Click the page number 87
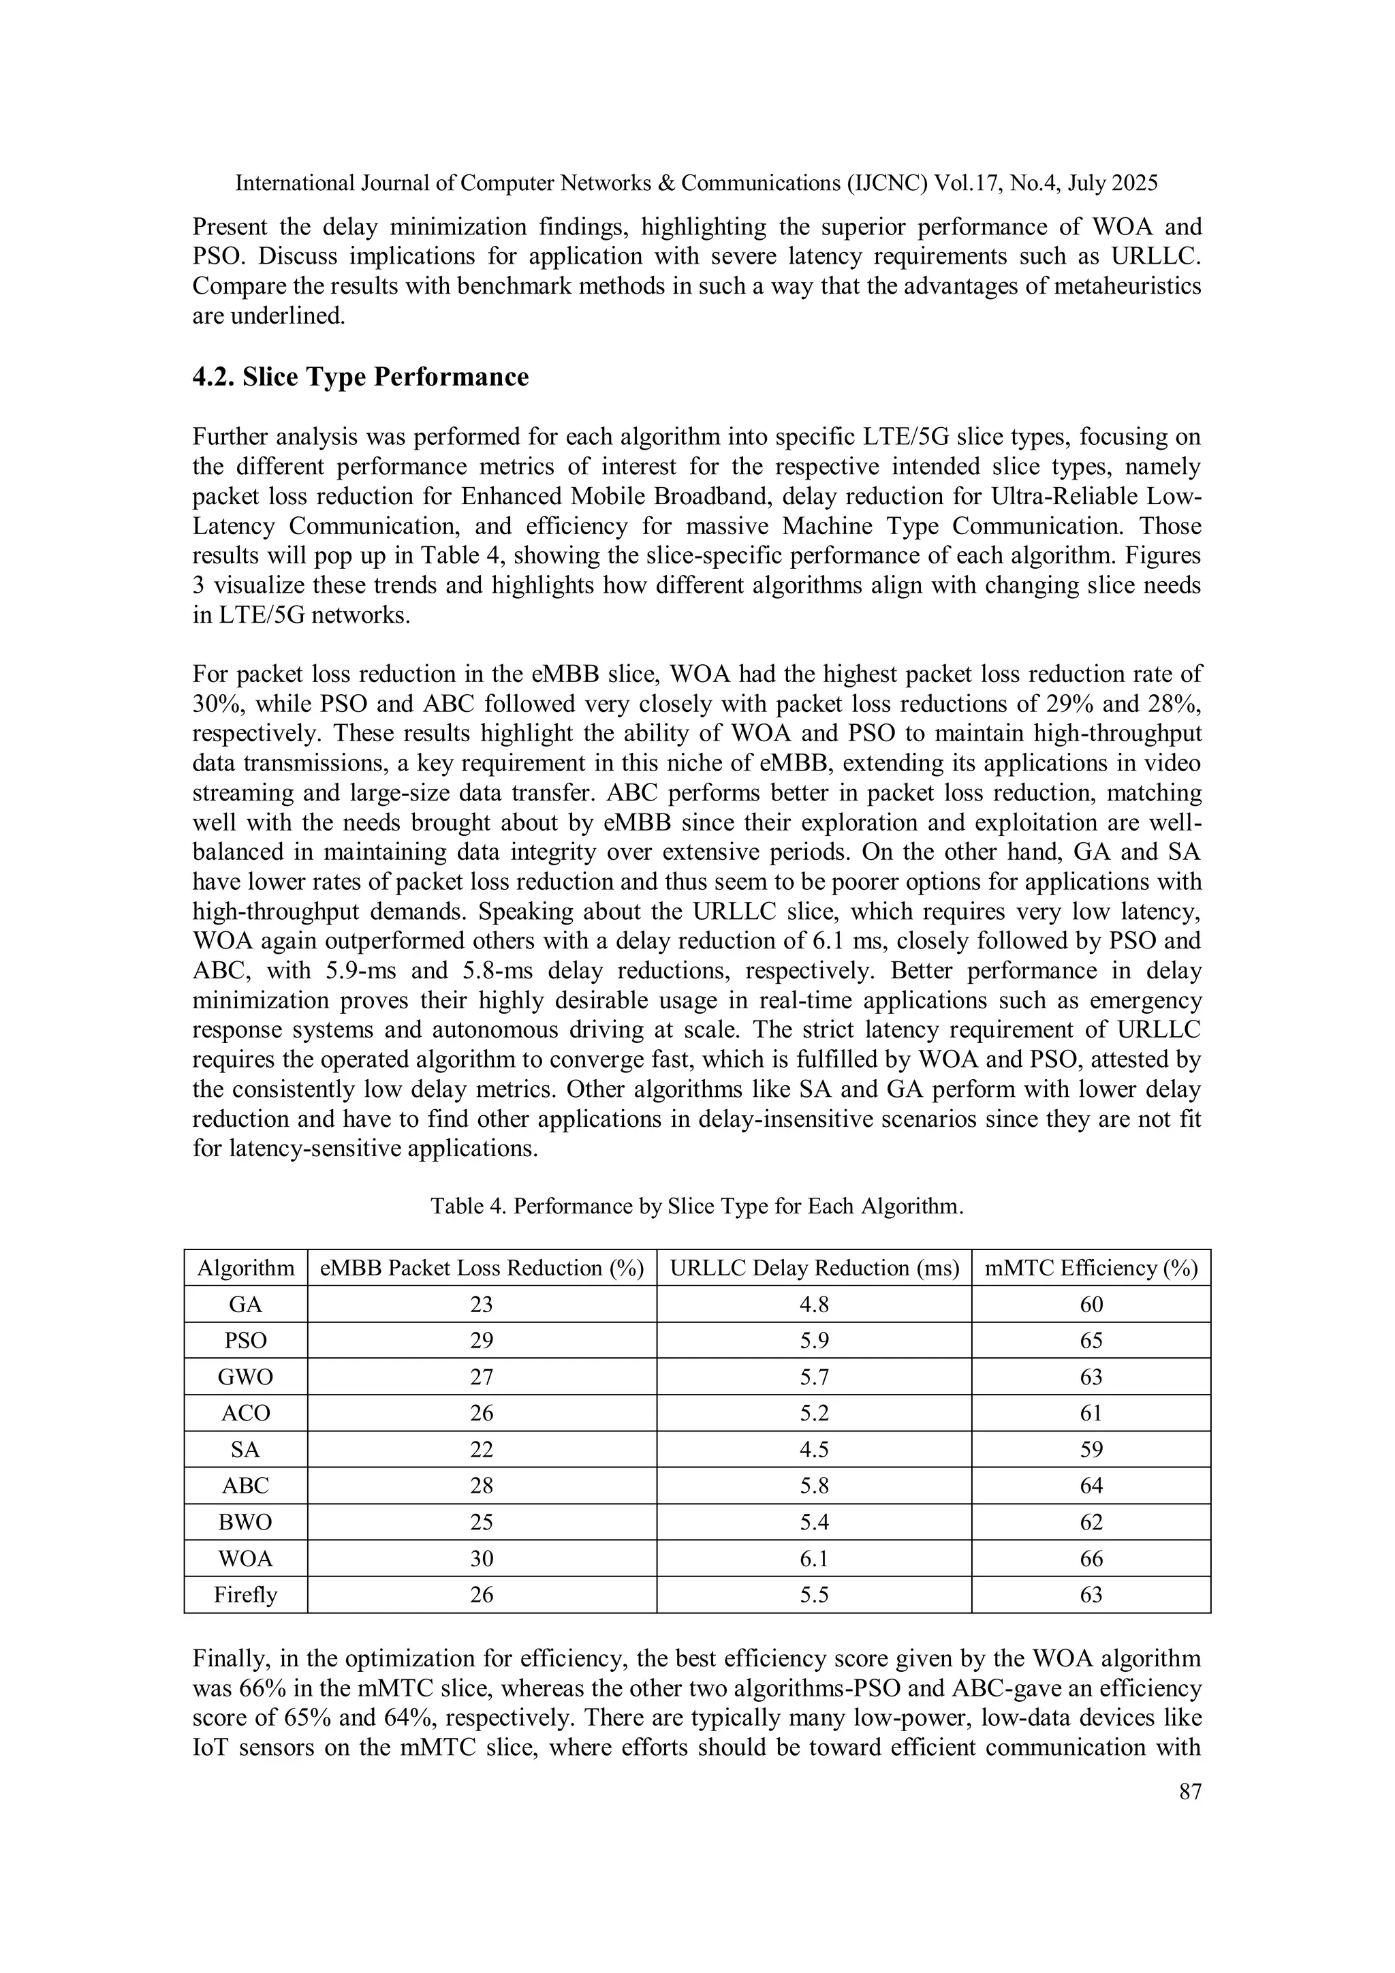coord(1190,1792)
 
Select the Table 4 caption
coord(697,1207)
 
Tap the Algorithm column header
coord(246,1269)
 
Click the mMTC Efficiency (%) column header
coord(1091,1269)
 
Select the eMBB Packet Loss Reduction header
coord(481,1269)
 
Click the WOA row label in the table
coord(246,1559)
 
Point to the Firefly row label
coord(246,1595)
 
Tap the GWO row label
coord(246,1378)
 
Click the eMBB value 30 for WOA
coord(481,1559)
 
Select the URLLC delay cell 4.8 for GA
coord(813,1305)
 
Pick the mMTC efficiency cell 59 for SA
coord(1091,1450)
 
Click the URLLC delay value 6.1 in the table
coord(813,1559)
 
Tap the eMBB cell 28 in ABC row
coord(481,1486)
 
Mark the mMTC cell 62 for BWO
coord(1091,1523)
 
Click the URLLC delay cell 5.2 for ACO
coord(813,1414)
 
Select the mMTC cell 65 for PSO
coord(1091,1341)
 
